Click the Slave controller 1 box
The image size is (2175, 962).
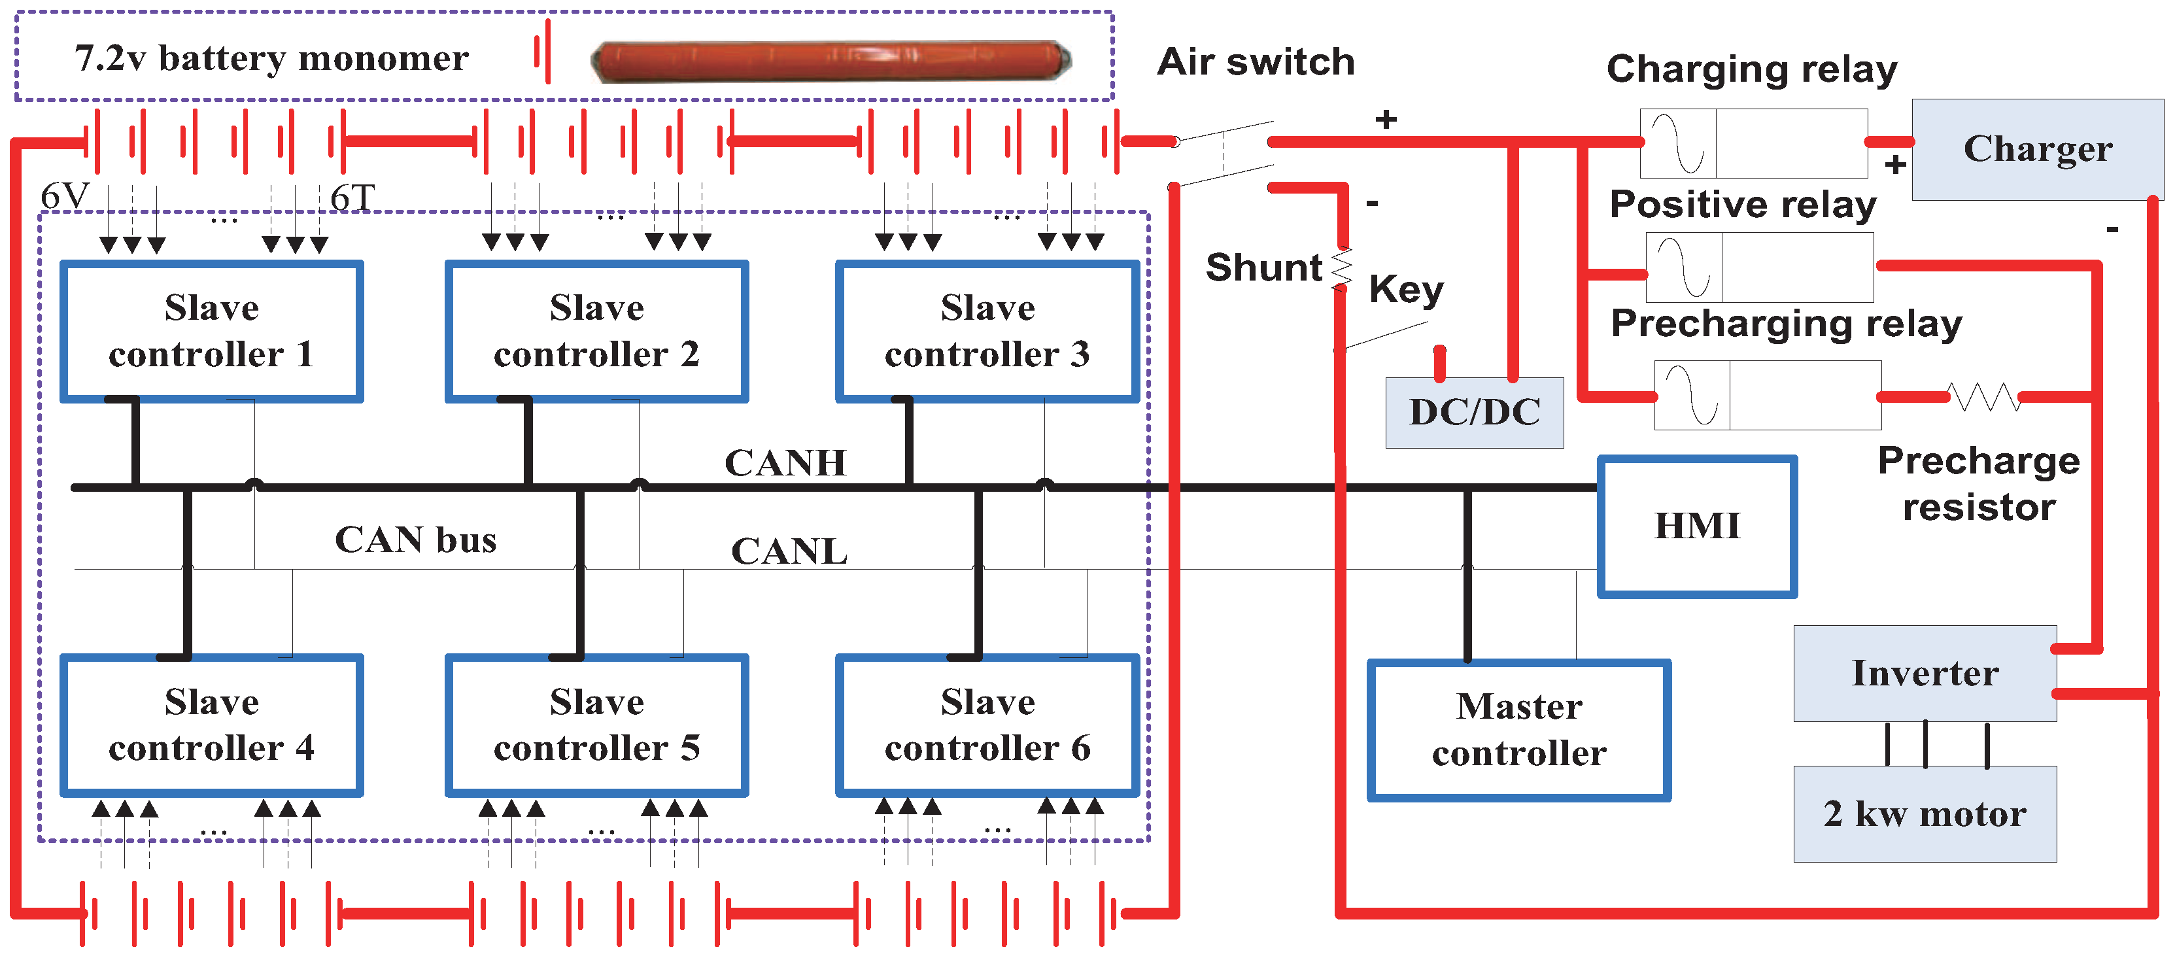point(212,331)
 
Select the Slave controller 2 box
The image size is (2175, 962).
point(597,331)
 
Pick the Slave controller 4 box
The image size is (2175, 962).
point(212,725)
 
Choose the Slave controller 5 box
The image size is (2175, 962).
point(597,725)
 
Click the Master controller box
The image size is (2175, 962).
point(1519,730)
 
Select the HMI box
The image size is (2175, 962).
point(1697,526)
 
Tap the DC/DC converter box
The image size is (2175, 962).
point(1474,412)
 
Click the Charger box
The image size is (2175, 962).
point(2038,150)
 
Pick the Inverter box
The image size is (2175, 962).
point(1925,673)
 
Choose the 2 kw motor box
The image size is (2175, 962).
point(1925,814)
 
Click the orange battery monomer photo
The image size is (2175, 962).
point(832,61)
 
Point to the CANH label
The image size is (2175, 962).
point(785,463)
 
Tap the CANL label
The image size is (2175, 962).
point(789,551)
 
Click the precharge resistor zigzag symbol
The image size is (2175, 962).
point(1984,396)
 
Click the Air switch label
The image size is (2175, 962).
point(1256,61)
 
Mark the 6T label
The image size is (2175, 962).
point(352,198)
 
